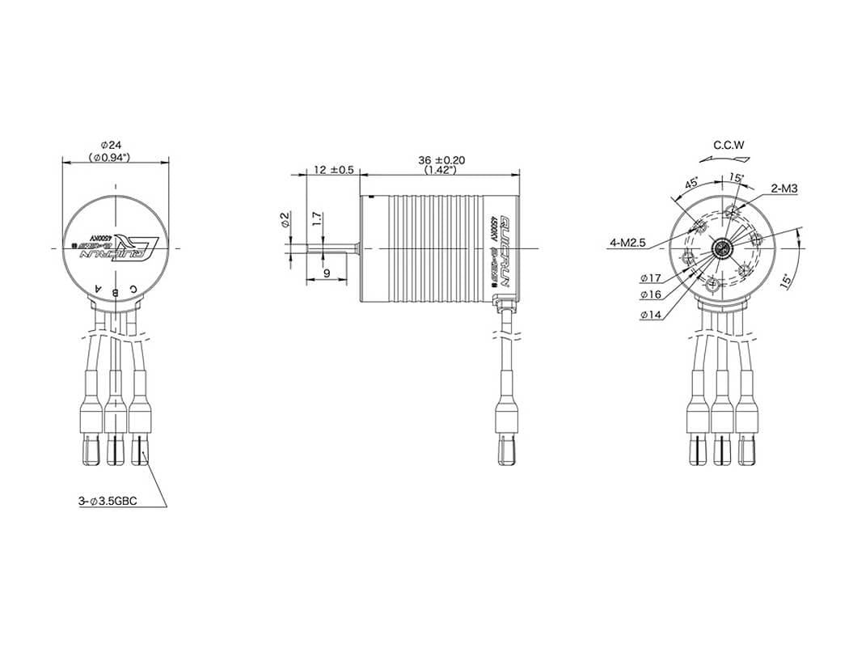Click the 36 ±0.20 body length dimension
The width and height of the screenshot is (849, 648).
[441, 160]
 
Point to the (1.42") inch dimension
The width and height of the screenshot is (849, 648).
[441, 171]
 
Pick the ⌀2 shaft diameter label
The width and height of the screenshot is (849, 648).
[284, 220]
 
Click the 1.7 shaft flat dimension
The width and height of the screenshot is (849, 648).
[317, 218]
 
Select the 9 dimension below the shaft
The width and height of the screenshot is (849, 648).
[326, 273]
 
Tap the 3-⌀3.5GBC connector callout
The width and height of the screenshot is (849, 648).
[108, 502]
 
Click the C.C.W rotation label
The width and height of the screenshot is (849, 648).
[729, 146]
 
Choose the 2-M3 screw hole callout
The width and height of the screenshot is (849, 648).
[786, 188]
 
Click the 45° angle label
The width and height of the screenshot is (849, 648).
[692, 183]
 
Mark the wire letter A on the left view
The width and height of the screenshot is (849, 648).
[99, 288]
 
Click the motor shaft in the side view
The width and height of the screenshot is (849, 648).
[332, 246]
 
